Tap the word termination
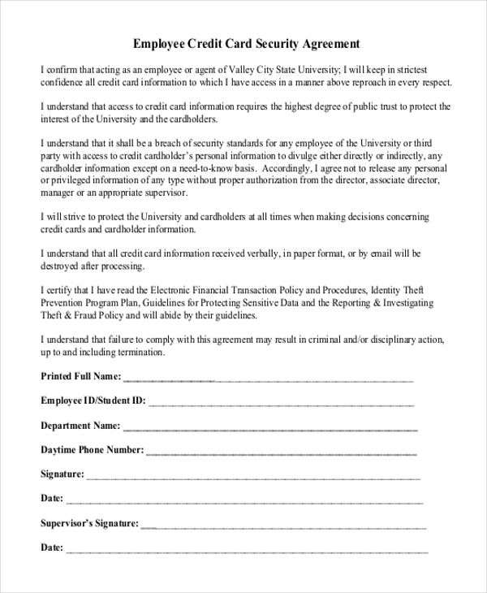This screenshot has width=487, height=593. click(142, 353)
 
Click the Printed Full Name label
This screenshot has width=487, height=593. click(80, 377)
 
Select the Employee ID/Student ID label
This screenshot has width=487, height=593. click(93, 400)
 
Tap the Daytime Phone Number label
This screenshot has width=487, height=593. click(92, 449)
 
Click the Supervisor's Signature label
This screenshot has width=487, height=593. click(89, 524)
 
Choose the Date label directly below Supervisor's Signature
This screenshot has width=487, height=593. click(51, 548)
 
